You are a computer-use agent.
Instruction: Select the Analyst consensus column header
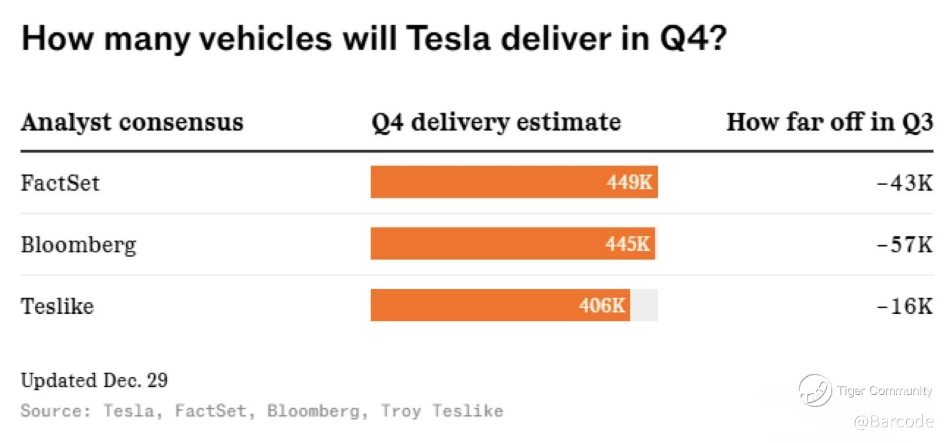pyautogui.click(x=132, y=123)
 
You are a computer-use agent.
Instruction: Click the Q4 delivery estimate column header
pyautogui.click(x=496, y=123)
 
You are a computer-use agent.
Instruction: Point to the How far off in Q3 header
pyautogui.click(x=830, y=123)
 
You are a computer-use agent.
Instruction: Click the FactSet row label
pyautogui.click(x=60, y=183)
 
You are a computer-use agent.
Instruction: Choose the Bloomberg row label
pyautogui.click(x=78, y=244)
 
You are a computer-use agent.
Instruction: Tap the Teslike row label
pyautogui.click(x=57, y=306)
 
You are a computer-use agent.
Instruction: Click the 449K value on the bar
pyautogui.click(x=629, y=182)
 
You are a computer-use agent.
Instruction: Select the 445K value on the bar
pyautogui.click(x=628, y=244)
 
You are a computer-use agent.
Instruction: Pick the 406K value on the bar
pyautogui.click(x=602, y=305)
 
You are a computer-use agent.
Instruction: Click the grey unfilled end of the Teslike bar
pyautogui.click(x=644, y=305)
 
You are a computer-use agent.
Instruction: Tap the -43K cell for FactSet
pyautogui.click(x=904, y=183)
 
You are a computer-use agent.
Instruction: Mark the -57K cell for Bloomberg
pyautogui.click(x=904, y=244)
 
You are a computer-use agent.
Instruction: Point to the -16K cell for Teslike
pyautogui.click(x=904, y=306)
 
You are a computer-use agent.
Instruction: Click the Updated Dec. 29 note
pyautogui.click(x=95, y=380)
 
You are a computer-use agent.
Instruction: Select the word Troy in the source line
pyautogui.click(x=400, y=411)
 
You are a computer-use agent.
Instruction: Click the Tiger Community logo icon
pyautogui.click(x=815, y=390)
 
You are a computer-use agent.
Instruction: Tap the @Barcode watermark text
pyautogui.click(x=893, y=421)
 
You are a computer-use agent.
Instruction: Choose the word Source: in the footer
pyautogui.click(x=56, y=411)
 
